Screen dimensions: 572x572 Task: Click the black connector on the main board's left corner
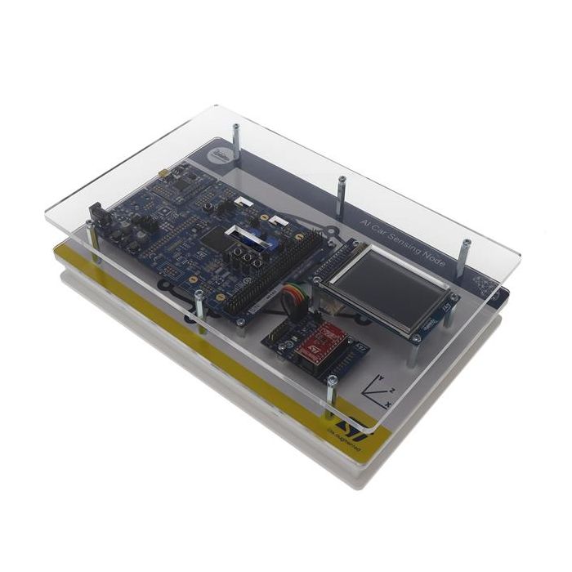coord(95,214)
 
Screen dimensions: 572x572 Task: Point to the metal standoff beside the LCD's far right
coord(465,255)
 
